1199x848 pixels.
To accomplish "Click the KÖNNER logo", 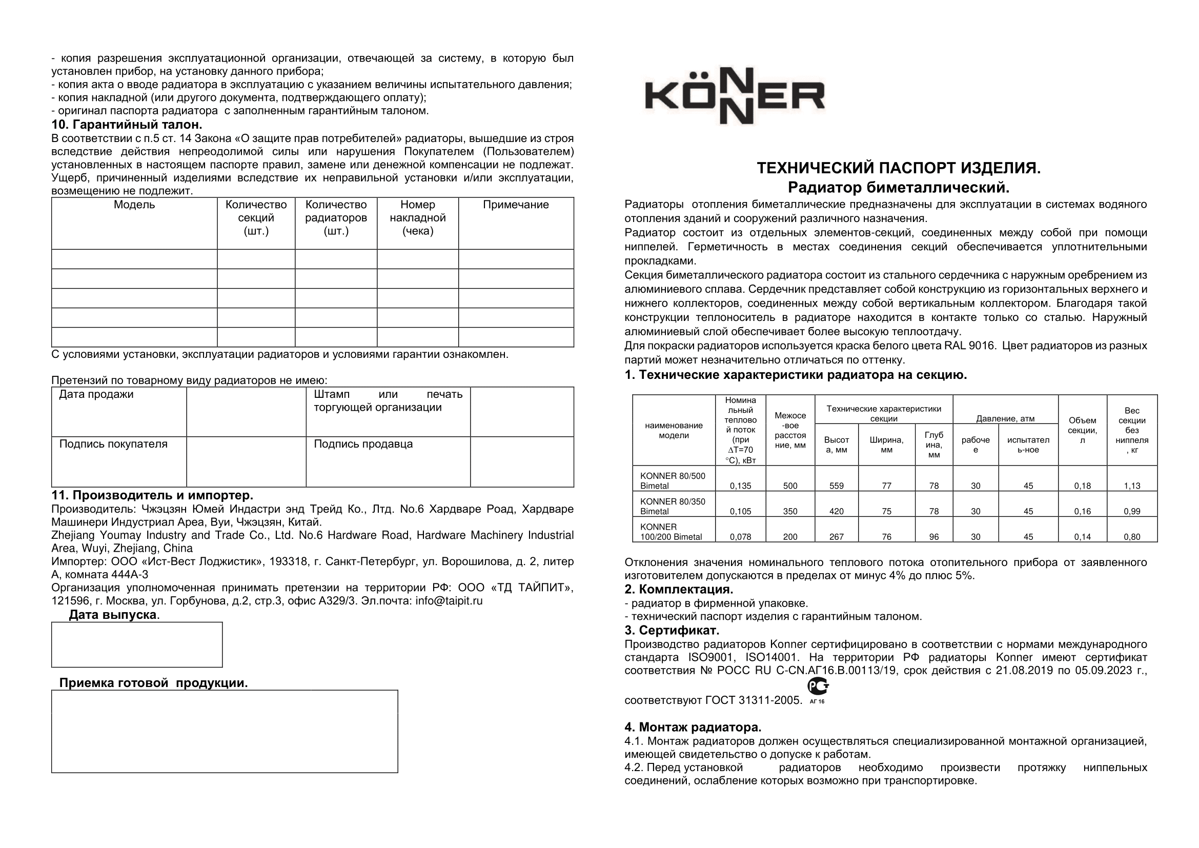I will click(x=735, y=96).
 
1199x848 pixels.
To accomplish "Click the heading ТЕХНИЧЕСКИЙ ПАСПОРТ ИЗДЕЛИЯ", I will click(x=898, y=168).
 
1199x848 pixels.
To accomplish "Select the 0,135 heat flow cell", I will click(x=740, y=486).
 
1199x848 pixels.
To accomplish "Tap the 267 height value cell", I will click(x=836, y=536).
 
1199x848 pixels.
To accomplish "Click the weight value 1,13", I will click(x=1132, y=486).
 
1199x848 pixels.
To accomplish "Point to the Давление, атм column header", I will click(x=1005, y=418).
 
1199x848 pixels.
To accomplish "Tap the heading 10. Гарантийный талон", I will click(x=127, y=125).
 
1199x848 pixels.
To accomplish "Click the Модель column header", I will click(x=134, y=205).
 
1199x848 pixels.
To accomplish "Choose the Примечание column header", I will click(x=515, y=205).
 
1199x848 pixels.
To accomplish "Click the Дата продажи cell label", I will click(x=96, y=394).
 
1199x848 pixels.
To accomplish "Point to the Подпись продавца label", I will click(x=363, y=444).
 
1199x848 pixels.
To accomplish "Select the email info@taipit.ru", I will click(x=449, y=600).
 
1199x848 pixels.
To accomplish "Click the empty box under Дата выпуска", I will click(x=137, y=644).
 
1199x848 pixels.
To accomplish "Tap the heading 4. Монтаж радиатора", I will click(x=693, y=727).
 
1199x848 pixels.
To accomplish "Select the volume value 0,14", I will click(x=1082, y=536).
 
